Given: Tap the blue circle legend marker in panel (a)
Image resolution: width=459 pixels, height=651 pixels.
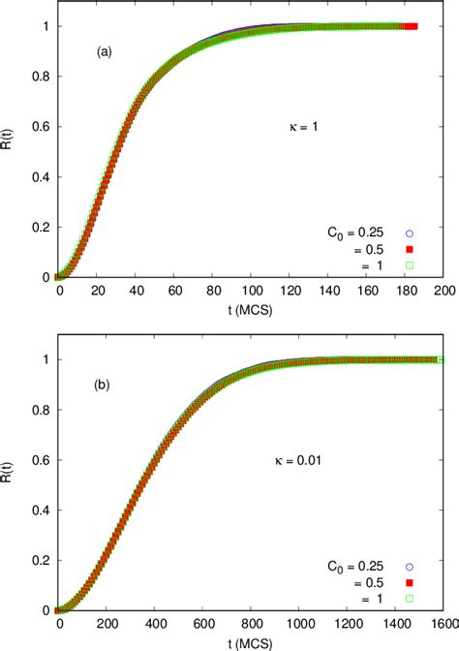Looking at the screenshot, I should (409, 233).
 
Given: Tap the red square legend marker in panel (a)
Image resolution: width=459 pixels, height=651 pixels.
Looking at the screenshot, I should (409, 249).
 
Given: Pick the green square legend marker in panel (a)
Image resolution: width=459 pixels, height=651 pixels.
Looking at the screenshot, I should (409, 264).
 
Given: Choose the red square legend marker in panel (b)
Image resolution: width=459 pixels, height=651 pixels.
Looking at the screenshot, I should (409, 583).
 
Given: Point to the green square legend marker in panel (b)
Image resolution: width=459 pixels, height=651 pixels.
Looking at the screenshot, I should (409, 599).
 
